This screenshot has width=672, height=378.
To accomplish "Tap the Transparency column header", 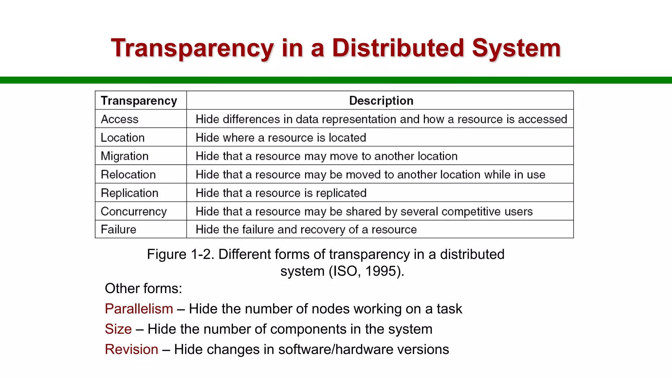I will coord(139,100).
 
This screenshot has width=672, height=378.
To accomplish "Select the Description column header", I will coord(381,100).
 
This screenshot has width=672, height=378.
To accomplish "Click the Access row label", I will coord(119,119).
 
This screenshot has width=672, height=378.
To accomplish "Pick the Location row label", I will coord(122,137).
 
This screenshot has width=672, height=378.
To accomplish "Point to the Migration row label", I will coord(124,156).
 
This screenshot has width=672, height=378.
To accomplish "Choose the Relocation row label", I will coord(128,175).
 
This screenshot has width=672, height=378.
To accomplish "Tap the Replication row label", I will coord(129,193).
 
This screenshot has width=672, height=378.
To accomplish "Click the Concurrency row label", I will coord(134,212).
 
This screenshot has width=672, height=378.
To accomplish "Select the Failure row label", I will coord(118,229).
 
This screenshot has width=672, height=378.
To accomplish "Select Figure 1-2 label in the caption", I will coord(180,254).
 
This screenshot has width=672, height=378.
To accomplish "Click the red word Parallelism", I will coord(139,309).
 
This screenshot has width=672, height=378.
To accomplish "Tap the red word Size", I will coord(118,329).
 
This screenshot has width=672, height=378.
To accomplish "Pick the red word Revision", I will coord(131,349).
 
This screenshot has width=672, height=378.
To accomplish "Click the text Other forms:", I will coord(143,288).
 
